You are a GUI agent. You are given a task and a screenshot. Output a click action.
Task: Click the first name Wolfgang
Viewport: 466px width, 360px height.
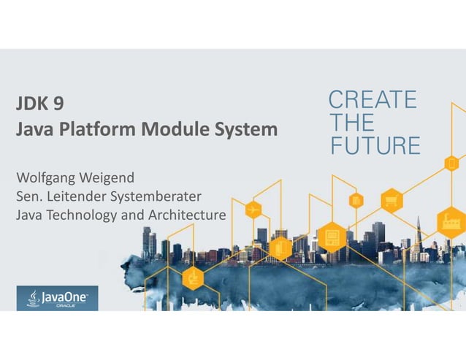(45, 177)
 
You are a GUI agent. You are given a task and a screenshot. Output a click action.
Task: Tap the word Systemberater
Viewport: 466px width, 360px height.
(158, 196)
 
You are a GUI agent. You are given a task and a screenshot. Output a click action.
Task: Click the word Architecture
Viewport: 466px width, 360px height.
(188, 215)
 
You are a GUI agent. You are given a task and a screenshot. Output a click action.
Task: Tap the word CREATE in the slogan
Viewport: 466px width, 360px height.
(373, 99)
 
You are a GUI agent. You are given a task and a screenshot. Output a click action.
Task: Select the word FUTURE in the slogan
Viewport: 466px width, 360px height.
(376, 145)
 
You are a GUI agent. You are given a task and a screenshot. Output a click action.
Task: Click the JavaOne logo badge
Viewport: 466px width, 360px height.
(57, 298)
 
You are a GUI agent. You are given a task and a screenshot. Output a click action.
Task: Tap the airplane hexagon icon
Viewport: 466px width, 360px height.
(253, 210)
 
